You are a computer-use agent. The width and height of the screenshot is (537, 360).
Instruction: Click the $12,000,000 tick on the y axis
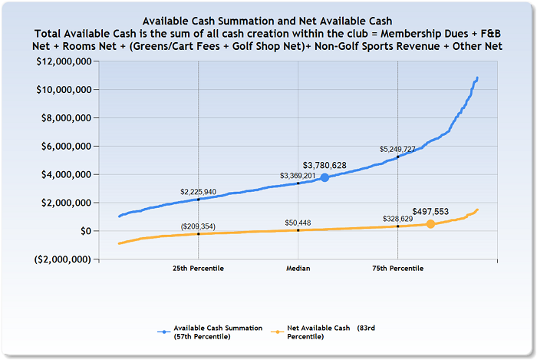(71, 62)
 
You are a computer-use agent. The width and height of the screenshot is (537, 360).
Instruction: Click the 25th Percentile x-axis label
(198, 269)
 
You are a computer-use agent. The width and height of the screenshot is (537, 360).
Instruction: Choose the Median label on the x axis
(298, 269)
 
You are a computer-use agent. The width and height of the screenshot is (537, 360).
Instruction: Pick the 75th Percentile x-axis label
(397, 269)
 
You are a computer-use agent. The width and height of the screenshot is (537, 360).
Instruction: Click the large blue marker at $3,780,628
(325, 177)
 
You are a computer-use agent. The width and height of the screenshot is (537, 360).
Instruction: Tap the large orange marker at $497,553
(431, 224)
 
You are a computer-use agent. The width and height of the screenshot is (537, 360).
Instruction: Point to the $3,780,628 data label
(325, 165)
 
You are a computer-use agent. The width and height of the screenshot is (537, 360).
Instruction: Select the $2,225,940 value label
(198, 191)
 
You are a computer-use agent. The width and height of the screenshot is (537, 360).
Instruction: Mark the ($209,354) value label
(198, 226)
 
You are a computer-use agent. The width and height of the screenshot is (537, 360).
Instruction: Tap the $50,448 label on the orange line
(298, 223)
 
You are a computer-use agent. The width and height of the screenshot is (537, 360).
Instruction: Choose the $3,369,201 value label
(298, 175)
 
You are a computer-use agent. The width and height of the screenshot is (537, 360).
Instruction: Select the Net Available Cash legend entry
(336, 332)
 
